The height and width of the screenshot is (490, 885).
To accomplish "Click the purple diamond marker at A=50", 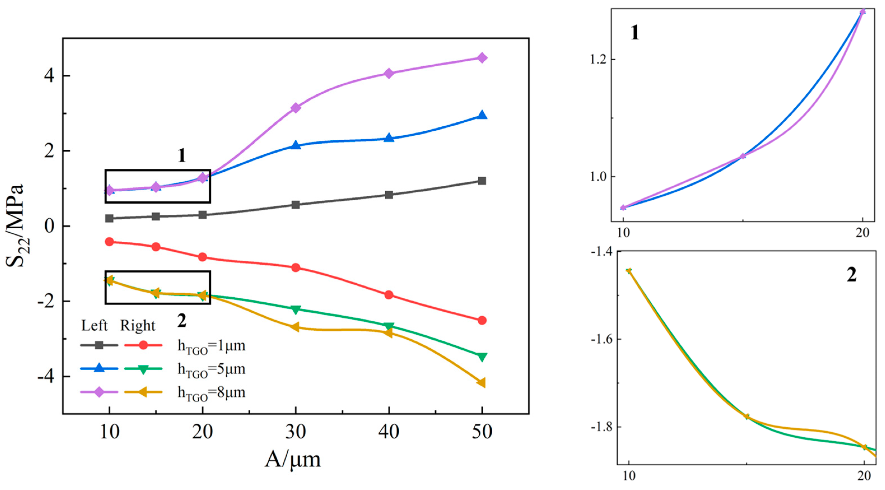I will point(482,58).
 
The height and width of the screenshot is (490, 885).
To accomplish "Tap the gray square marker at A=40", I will point(389,195).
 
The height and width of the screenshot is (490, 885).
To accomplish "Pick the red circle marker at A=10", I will point(109,242).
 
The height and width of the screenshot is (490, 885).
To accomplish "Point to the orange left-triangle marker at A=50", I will point(481,382).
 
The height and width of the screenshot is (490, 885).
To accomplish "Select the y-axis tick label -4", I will point(46,377).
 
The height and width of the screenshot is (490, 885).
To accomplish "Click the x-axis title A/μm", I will point(292,459).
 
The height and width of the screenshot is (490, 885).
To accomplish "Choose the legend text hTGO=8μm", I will point(211,392).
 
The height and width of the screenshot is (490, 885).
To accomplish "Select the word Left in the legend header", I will point(94,325).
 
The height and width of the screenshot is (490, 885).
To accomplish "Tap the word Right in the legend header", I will point(137,325).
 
